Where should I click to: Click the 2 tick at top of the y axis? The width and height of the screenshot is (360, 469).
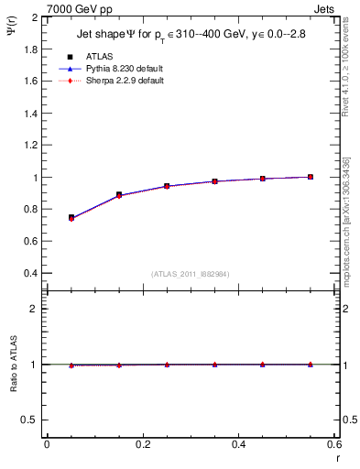coord(37,17)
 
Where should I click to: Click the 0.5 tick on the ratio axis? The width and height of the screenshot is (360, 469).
coord(32,420)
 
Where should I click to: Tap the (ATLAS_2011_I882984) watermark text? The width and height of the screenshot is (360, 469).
coord(191,273)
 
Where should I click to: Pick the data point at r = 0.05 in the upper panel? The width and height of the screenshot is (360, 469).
coord(71,218)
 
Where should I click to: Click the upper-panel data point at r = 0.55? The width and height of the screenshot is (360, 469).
coord(311,177)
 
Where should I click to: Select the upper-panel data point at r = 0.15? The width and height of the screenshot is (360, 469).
coord(119,195)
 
